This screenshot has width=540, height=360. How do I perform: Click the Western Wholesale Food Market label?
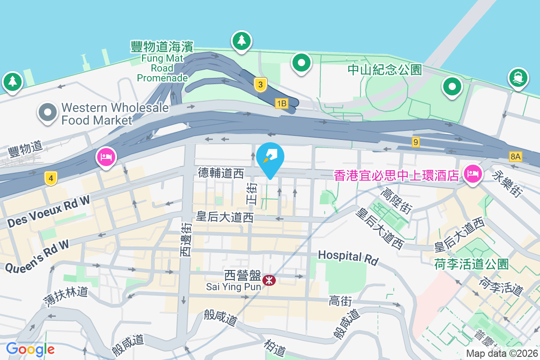[x=115, y=114]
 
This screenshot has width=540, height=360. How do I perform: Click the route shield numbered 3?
[x=260, y=84]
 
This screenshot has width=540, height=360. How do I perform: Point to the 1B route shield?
[x=282, y=104]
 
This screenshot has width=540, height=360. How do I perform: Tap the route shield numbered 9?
[x=416, y=142]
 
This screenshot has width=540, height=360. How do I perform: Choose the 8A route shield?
[x=516, y=157]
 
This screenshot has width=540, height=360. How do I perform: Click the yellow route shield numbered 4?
[x=51, y=179]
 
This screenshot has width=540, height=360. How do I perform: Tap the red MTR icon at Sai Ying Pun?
[x=270, y=280]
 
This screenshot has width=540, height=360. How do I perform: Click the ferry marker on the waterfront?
[x=518, y=77]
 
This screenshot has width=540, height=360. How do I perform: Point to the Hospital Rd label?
[x=348, y=257]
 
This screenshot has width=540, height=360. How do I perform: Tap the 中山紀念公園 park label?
[x=385, y=70]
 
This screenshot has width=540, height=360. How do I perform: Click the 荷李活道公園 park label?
[x=472, y=264]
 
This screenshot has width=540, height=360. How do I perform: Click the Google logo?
[x=30, y=349]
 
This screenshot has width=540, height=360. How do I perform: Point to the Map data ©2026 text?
[x=502, y=354]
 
